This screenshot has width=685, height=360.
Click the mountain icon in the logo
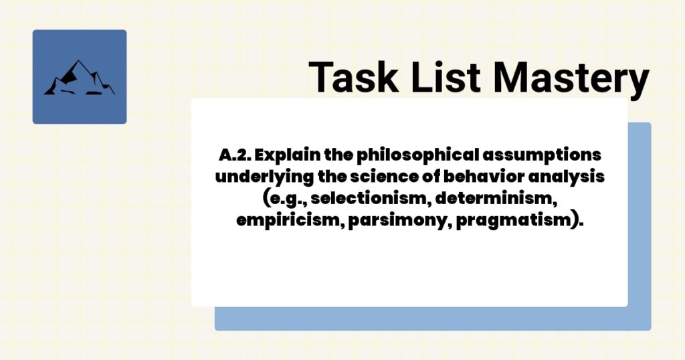click(79, 78)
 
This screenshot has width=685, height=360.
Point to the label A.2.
click(234, 155)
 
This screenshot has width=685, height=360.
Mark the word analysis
click(571, 177)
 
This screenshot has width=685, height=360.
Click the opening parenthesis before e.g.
click(268, 199)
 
